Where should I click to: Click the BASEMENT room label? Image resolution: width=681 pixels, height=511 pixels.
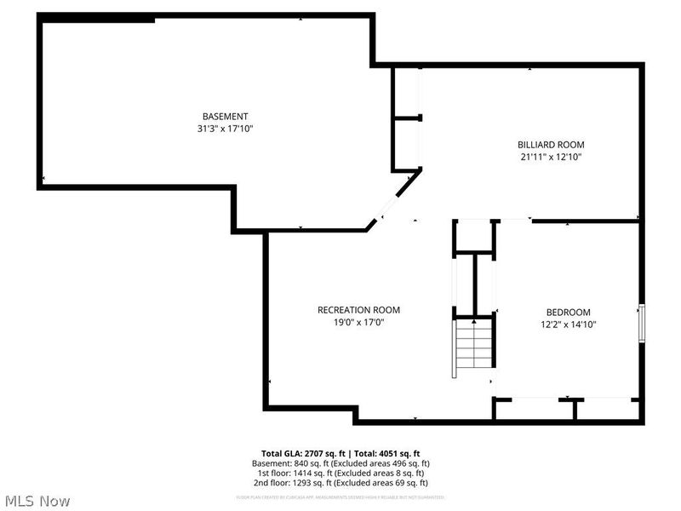pos(225,117)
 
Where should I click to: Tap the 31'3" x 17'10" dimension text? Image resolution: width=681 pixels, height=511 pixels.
pos(225,129)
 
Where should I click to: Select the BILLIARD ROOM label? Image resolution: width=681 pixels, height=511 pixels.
pos(551,145)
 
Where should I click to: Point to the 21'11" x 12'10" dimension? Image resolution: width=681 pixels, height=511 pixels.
pos(551,157)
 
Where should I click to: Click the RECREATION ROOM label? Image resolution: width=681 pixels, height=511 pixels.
pos(358,310)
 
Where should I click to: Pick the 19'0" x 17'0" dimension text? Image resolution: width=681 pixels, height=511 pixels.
pos(358,322)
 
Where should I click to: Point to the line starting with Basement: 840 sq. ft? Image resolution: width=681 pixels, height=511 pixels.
pos(340,463)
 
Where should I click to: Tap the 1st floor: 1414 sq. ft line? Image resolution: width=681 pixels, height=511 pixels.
pos(340,473)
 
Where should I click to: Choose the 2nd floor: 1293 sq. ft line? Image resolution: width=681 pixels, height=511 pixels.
pos(340,482)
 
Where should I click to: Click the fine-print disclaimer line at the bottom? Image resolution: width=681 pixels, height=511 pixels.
pos(340,497)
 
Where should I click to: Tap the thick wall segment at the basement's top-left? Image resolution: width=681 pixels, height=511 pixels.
pos(98,19)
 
